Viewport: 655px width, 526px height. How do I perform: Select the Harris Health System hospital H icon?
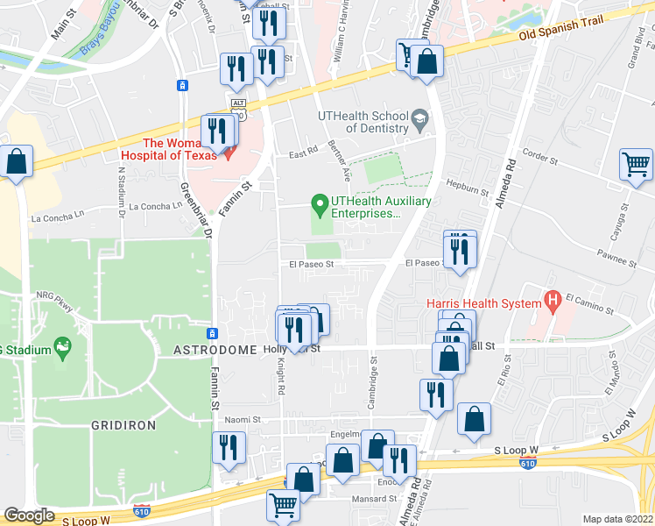click(x=552, y=302)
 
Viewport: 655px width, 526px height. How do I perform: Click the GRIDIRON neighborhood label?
click(x=123, y=424)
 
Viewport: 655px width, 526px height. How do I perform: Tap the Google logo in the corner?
click(x=29, y=515)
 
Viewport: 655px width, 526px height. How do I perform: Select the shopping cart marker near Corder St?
click(x=636, y=164)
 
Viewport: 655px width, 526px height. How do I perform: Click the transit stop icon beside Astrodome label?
click(x=211, y=333)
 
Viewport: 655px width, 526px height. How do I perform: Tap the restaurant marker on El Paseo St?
click(x=460, y=249)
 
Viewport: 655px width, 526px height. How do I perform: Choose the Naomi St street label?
click(x=243, y=420)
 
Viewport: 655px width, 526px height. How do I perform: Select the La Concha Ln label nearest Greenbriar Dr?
click(x=154, y=207)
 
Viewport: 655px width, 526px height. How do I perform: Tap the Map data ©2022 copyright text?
click(x=616, y=518)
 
